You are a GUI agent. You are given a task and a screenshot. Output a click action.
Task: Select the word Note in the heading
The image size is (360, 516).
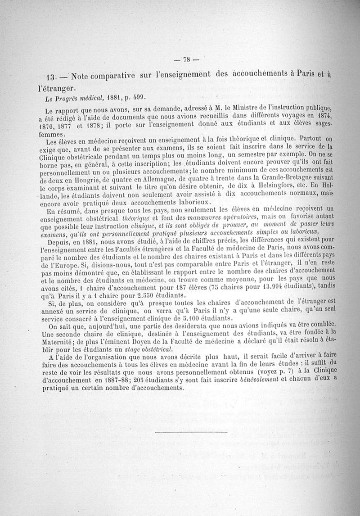coord(81,75)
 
